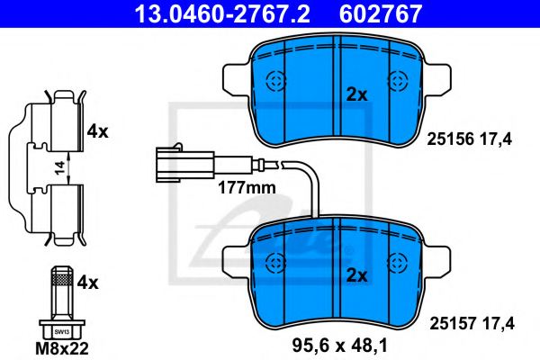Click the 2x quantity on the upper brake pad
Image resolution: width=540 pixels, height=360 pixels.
pos(357,94)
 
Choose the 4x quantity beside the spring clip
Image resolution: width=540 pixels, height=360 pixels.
pos(97,131)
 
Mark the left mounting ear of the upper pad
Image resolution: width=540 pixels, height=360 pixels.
pos(235,79)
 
